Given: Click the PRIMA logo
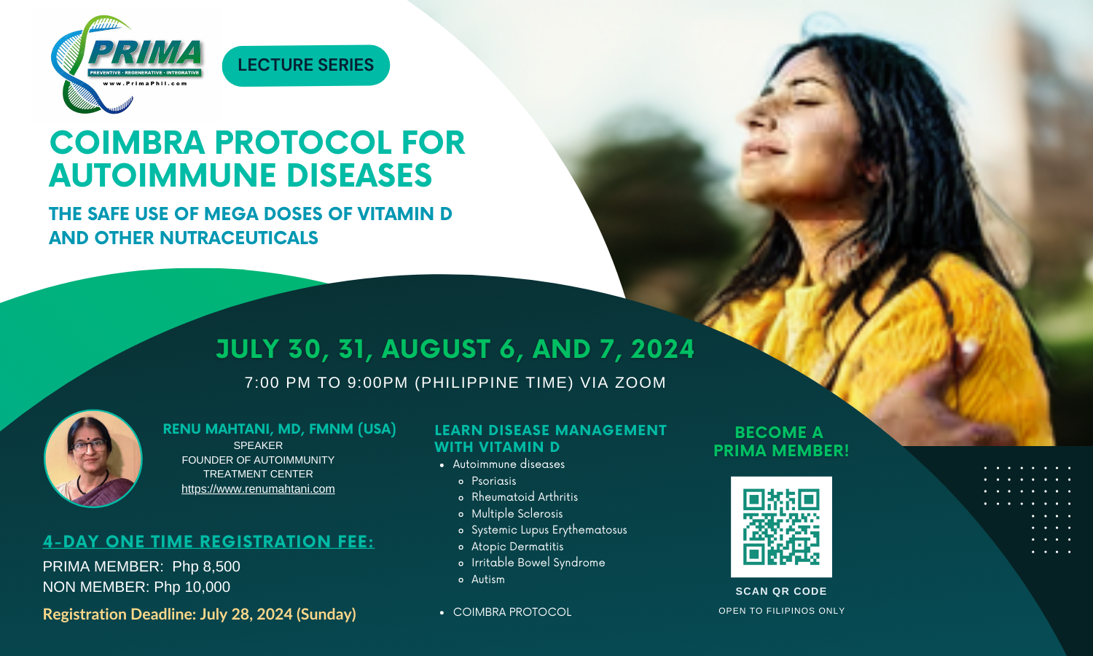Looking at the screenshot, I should tap(128, 64).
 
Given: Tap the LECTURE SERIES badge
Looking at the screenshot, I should tap(305, 65).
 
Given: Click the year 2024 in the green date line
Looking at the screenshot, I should tap(662, 349).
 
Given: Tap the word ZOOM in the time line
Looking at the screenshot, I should tap(640, 383).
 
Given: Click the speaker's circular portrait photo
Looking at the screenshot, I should tap(93, 458).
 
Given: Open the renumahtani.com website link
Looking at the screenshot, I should tap(258, 489).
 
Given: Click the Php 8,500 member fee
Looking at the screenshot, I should tap(206, 566).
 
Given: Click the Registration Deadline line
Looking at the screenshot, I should tap(199, 614).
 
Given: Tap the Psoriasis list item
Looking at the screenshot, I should tap(493, 481).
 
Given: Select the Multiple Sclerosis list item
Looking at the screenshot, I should tap(517, 514).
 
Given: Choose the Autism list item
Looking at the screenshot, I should tap(487, 579).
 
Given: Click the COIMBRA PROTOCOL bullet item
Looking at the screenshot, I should tap(512, 612).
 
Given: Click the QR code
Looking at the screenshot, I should tap(781, 527).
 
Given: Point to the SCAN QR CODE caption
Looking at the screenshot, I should tap(781, 591).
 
